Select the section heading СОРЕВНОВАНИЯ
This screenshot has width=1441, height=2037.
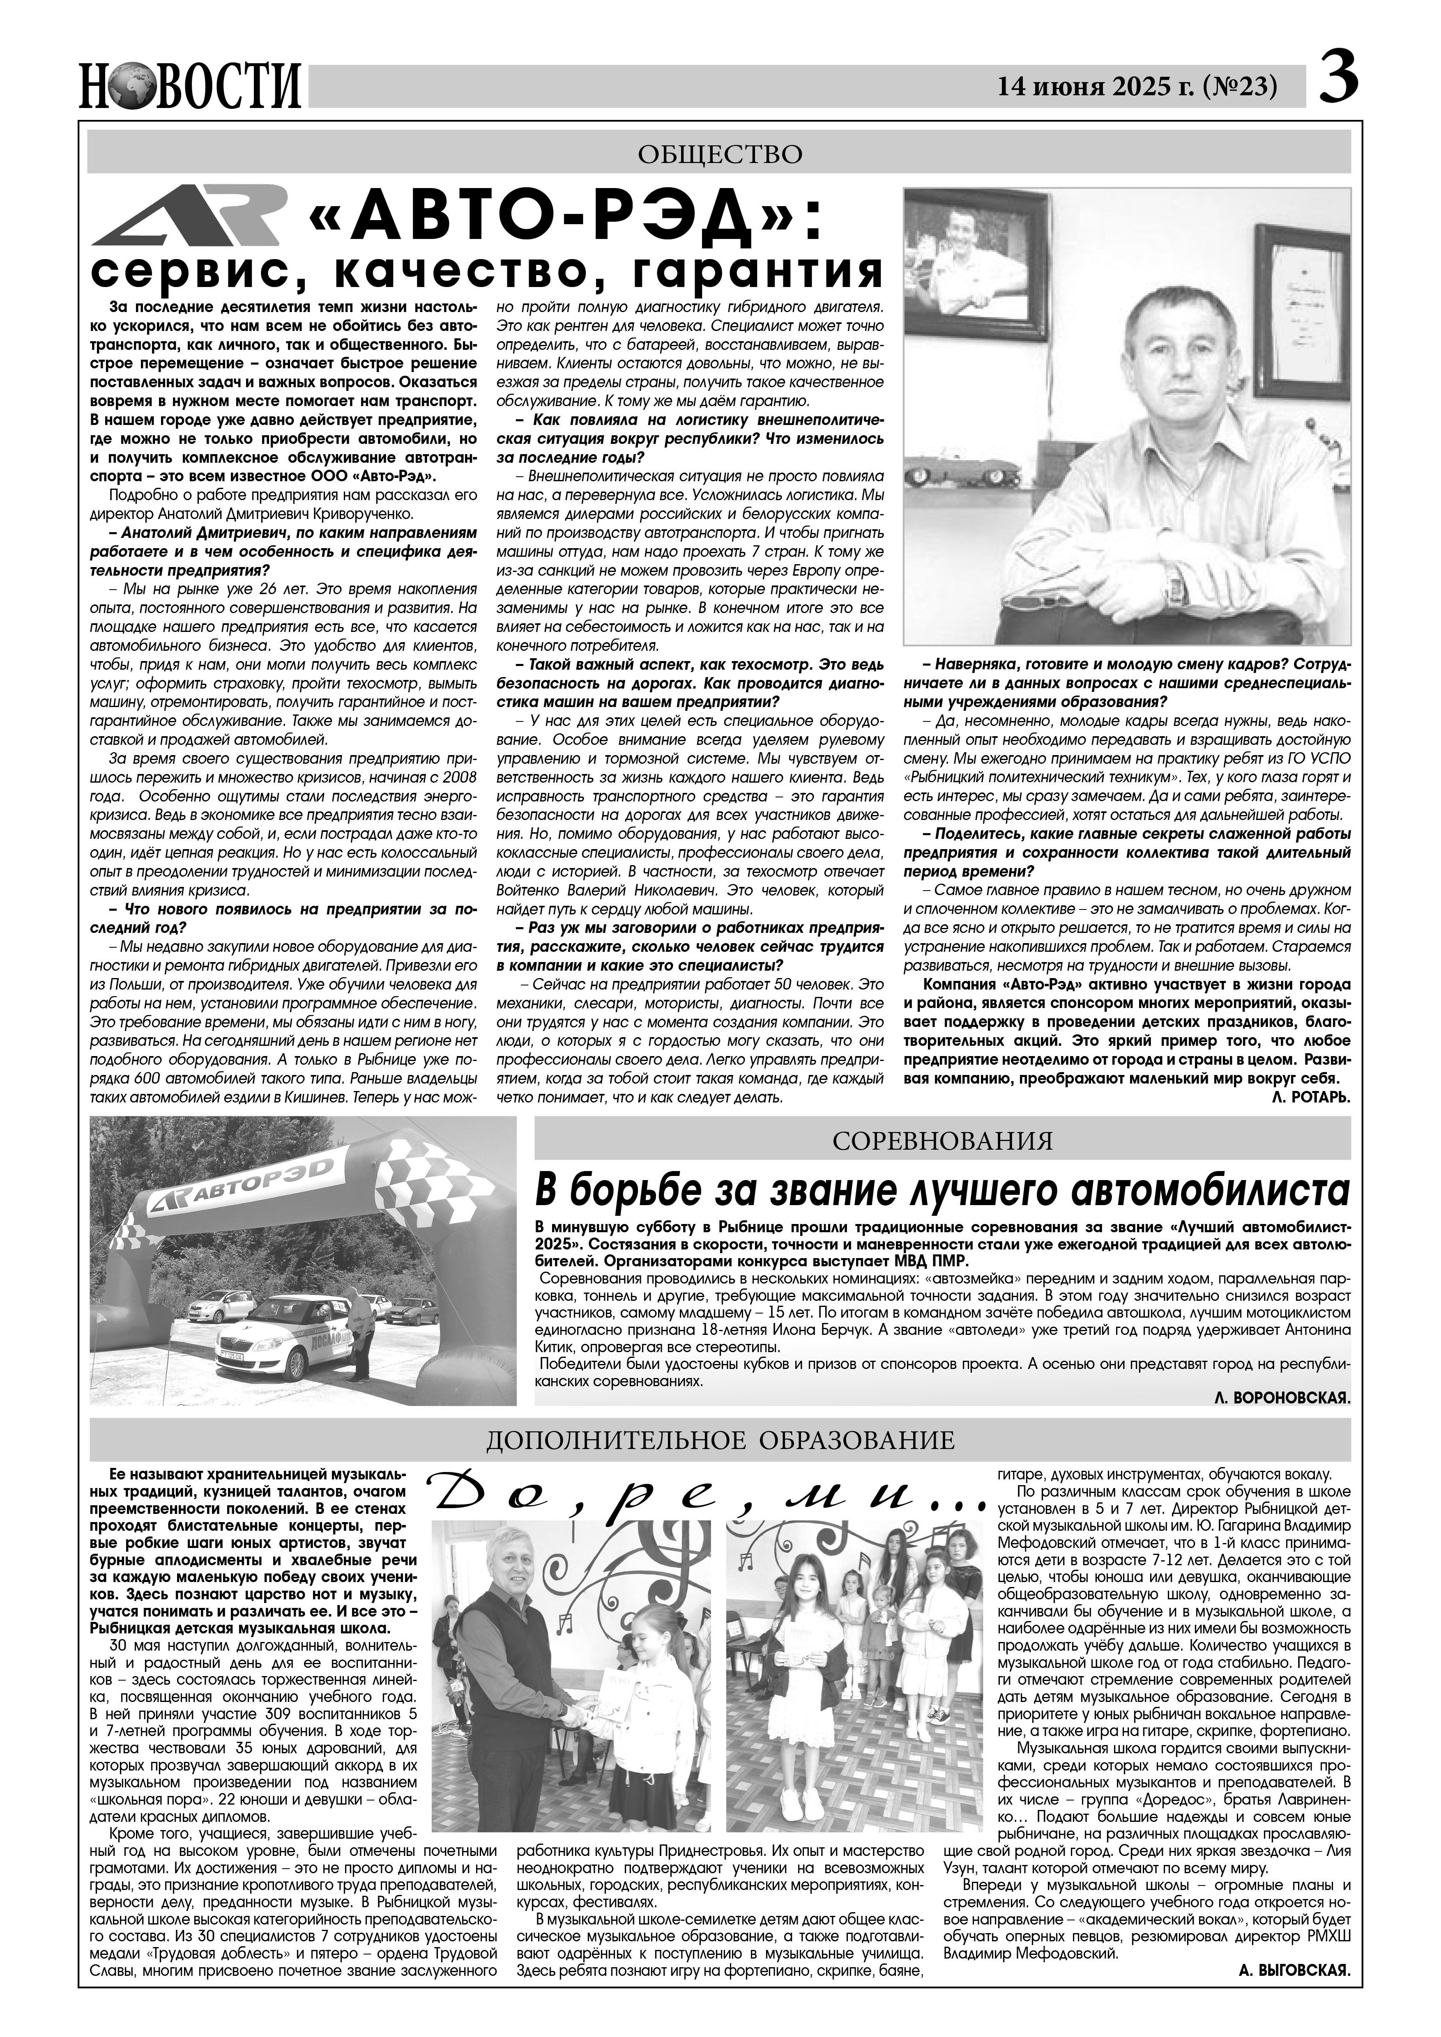(942, 1141)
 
